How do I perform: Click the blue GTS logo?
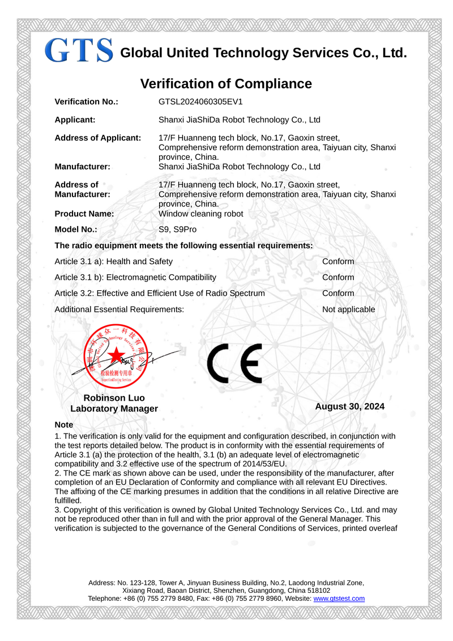79,50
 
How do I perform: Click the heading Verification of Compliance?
226,84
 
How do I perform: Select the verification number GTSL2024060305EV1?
200,102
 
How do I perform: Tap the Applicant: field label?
75,120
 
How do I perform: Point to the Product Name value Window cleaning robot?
200,214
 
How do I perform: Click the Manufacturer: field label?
82,167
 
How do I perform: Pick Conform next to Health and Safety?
338,261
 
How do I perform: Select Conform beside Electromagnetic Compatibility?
338,277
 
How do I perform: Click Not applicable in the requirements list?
348,309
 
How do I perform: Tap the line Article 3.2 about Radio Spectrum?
160,293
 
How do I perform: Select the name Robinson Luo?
114,398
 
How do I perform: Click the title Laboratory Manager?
114,409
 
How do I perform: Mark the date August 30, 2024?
349,406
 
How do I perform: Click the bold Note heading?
64,424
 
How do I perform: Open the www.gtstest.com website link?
339,598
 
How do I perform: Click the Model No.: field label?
76,230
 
